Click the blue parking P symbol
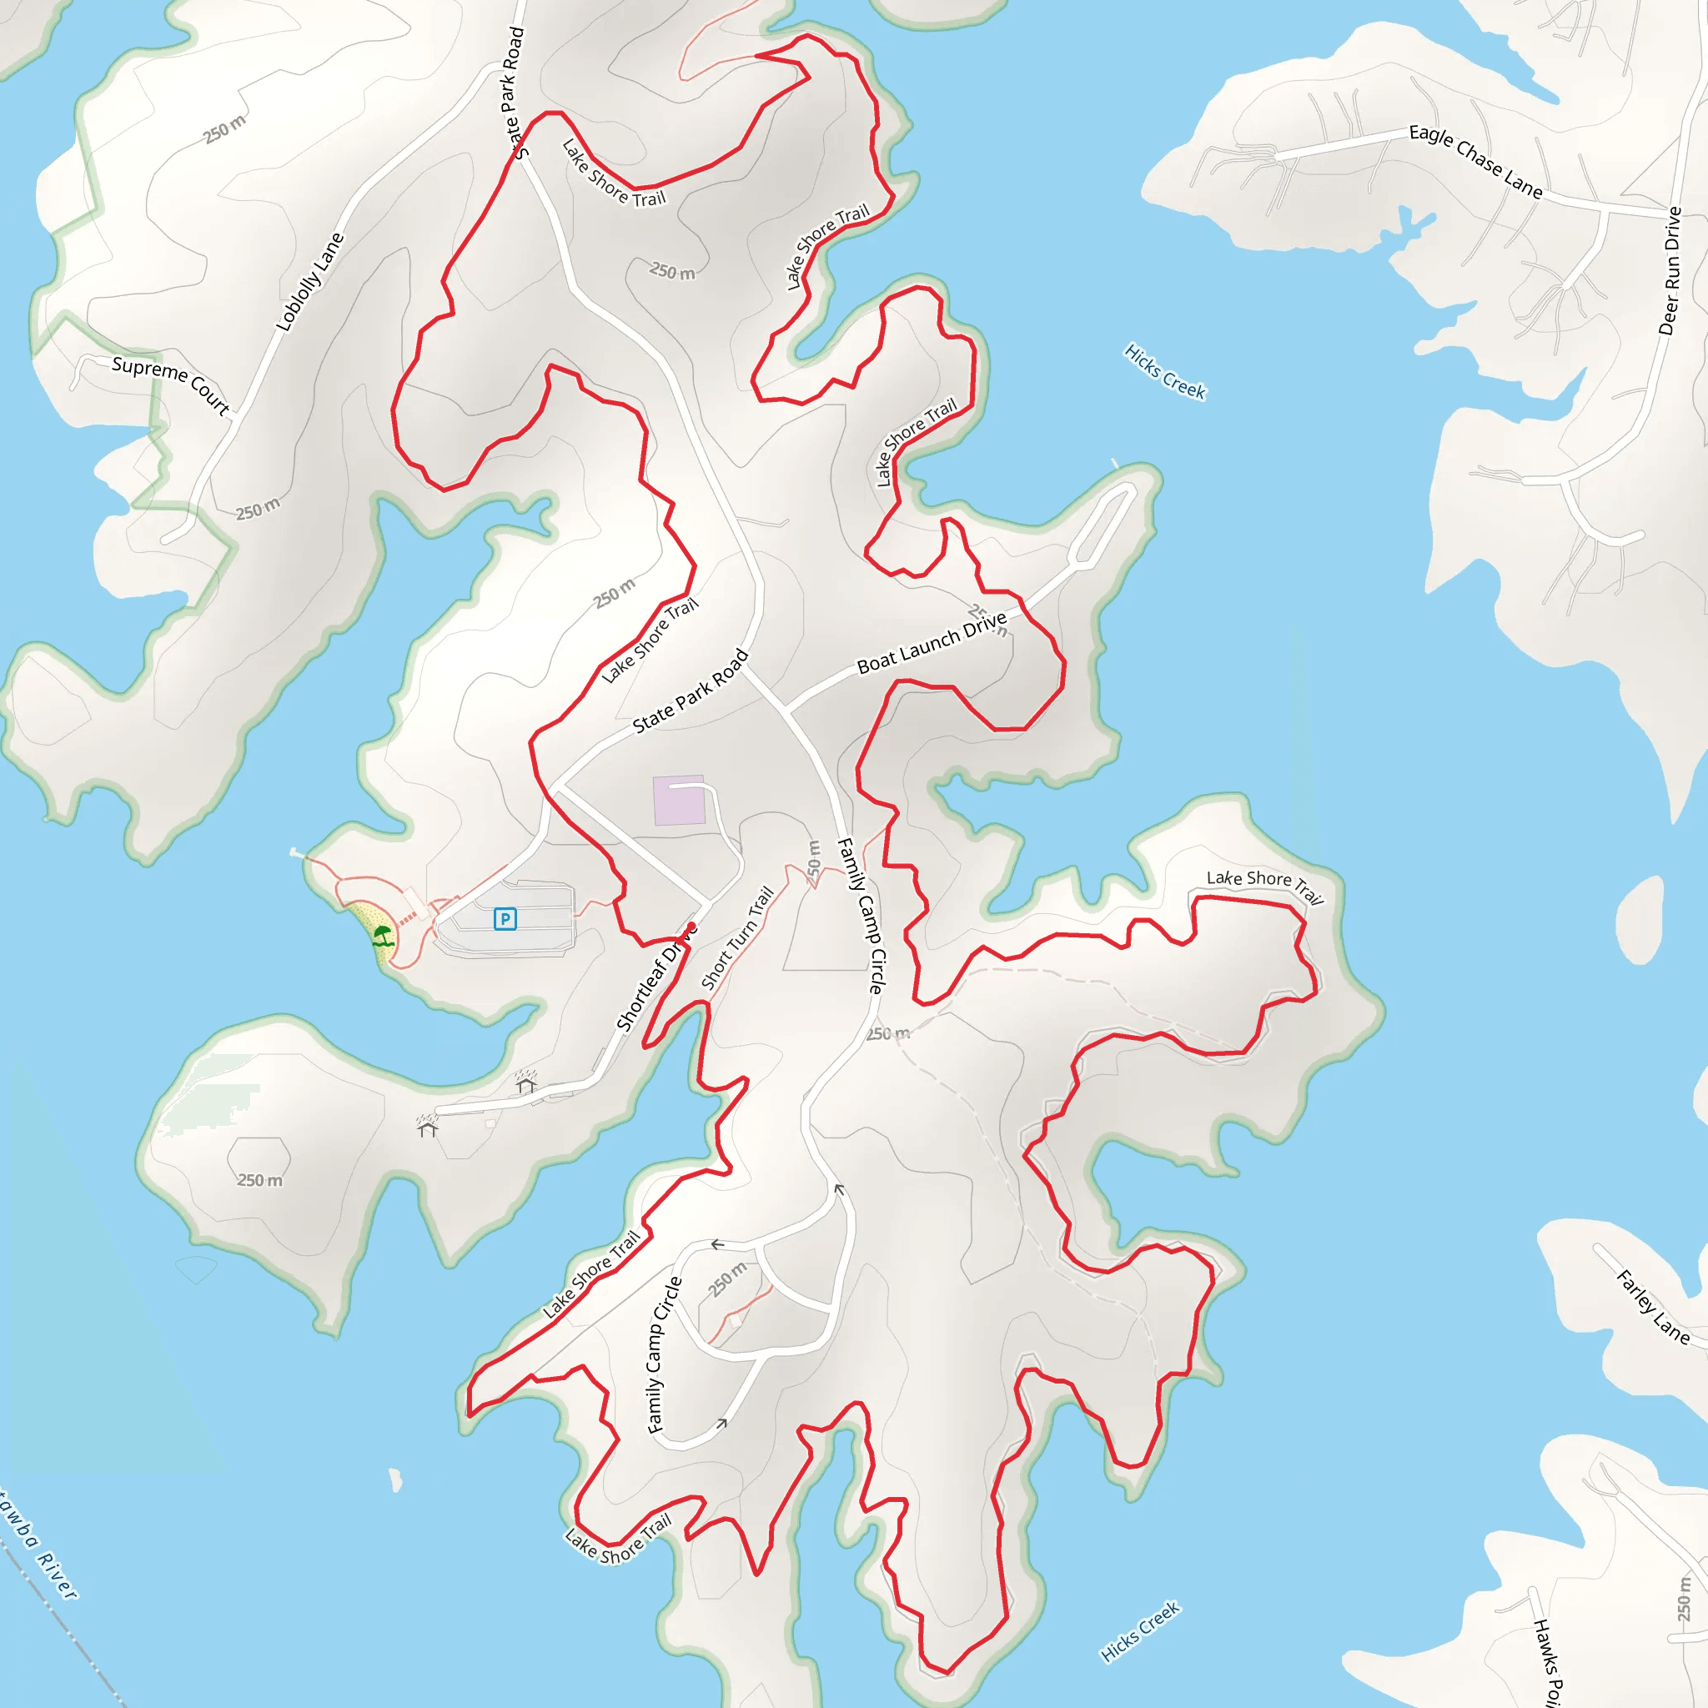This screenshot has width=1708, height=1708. [x=505, y=919]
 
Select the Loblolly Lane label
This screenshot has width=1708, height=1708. [x=309, y=282]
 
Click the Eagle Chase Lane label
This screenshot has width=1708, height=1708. [x=1475, y=161]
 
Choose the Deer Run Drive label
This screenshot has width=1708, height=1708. [x=1670, y=270]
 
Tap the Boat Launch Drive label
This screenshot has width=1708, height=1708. [x=932, y=643]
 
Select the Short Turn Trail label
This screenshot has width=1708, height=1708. [x=737, y=938]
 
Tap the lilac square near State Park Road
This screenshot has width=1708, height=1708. [x=679, y=800]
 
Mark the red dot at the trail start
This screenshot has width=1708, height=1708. [x=691, y=927]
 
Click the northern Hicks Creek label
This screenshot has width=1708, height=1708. [x=1164, y=371]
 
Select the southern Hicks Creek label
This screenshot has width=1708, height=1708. [x=1139, y=1631]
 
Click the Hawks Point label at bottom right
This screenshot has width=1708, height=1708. [x=1547, y=1662]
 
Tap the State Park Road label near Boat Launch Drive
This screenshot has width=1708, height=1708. [x=691, y=691]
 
